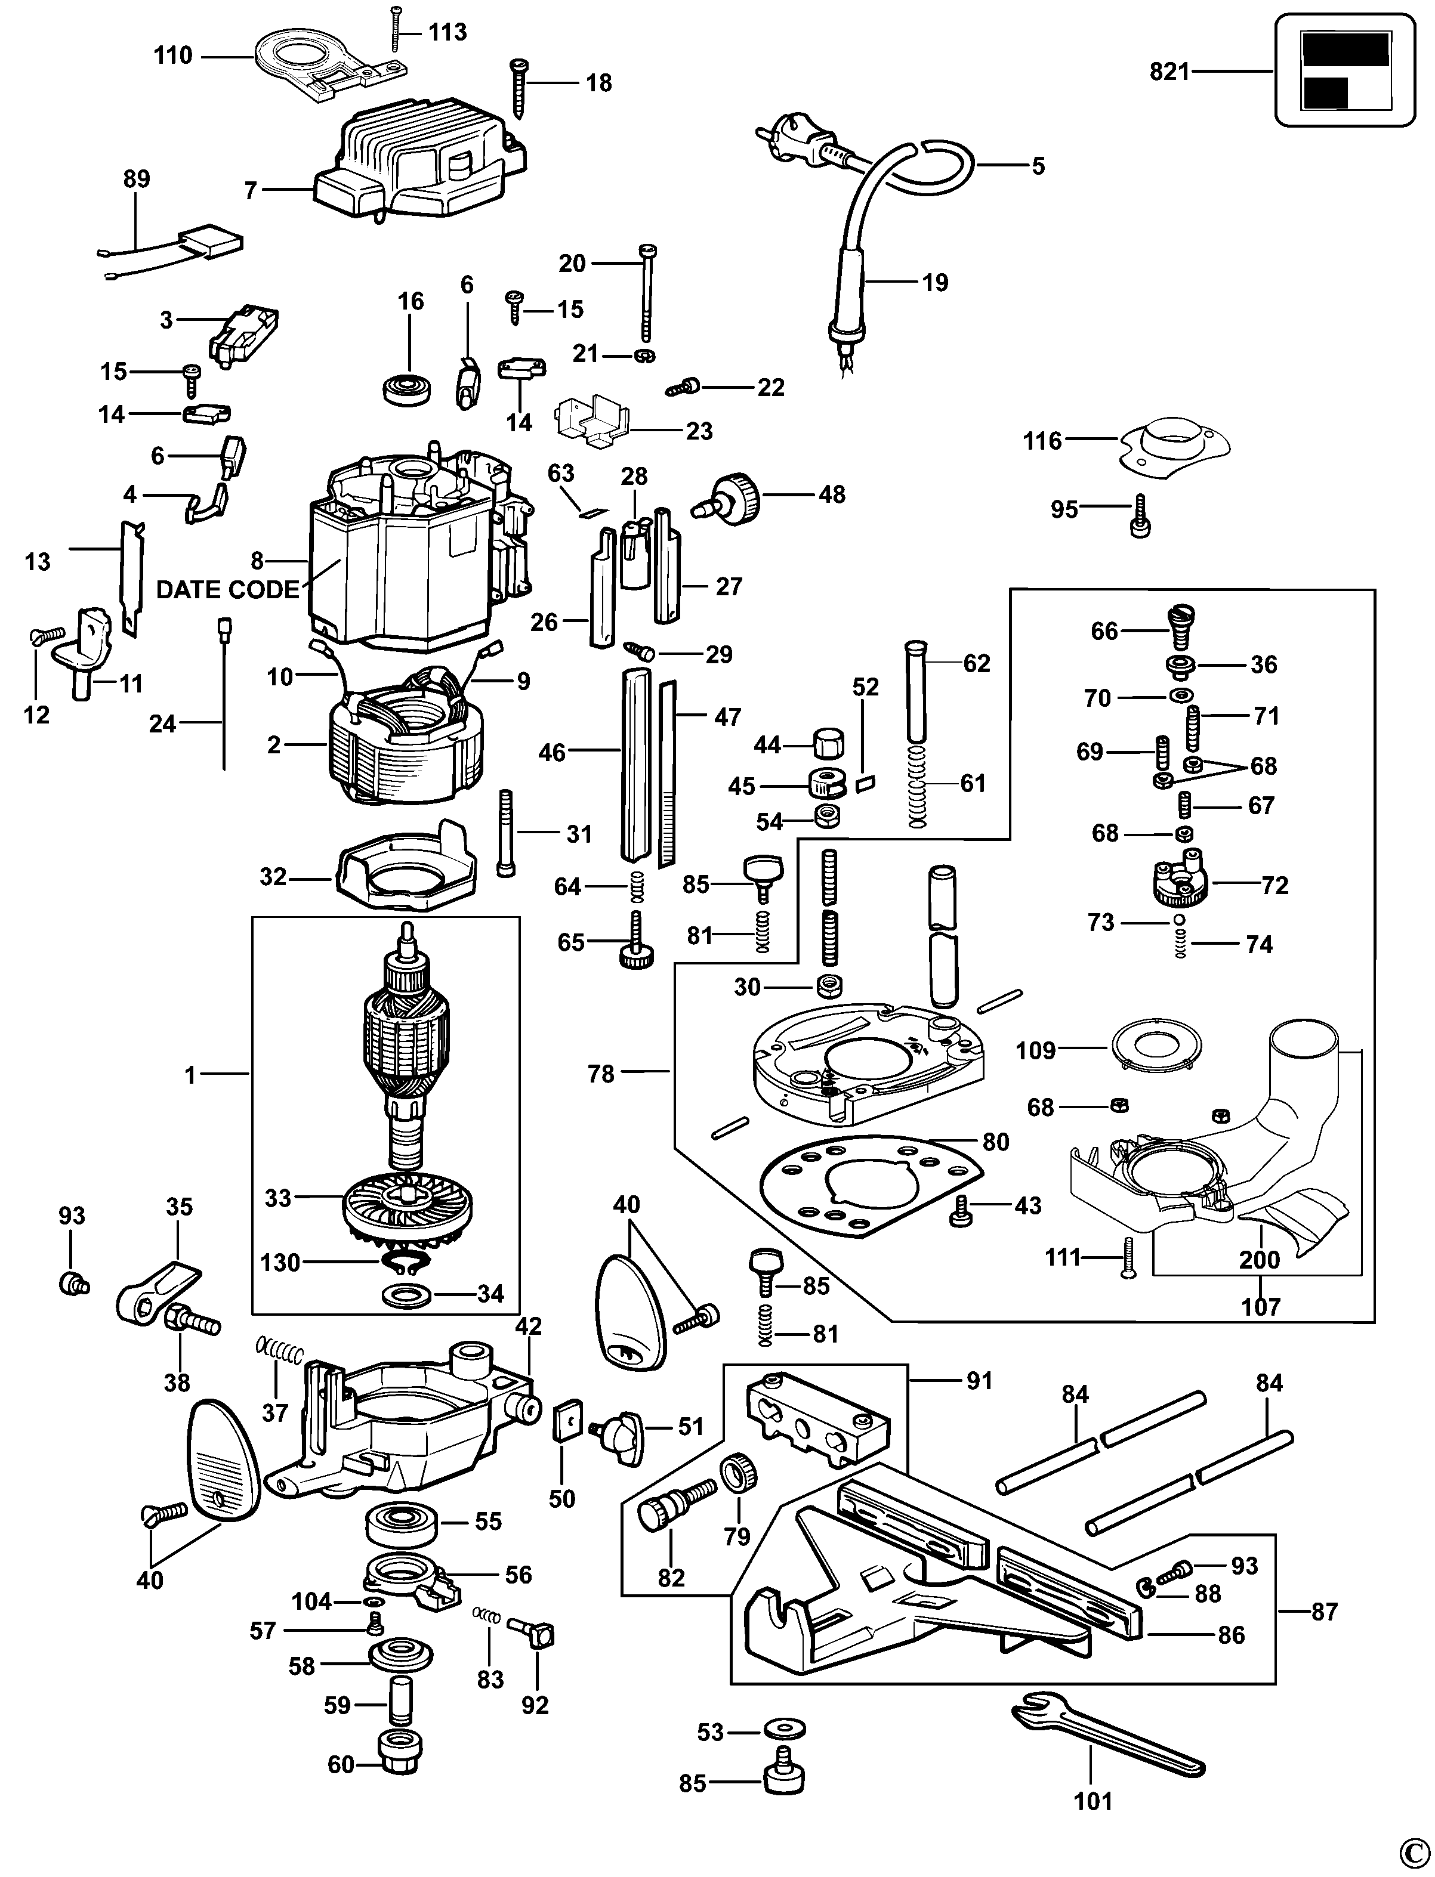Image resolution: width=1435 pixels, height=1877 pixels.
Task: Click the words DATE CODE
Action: [228, 590]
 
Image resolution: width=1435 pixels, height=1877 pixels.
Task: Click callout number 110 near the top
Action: [174, 56]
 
